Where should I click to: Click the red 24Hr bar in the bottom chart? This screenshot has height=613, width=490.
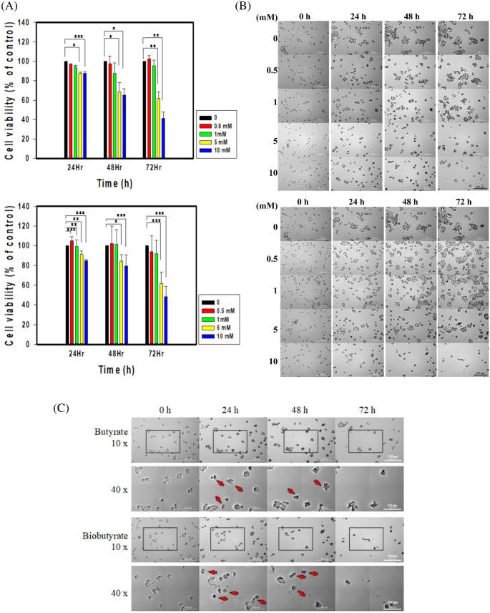72,293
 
